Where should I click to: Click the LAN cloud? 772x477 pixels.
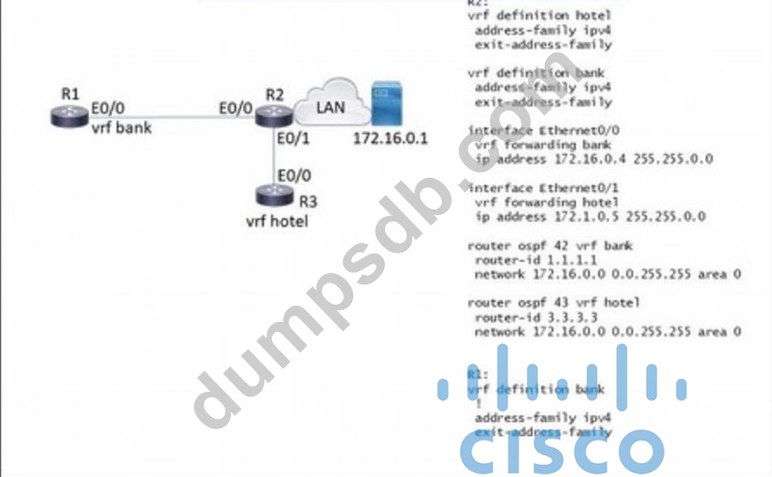pos(328,108)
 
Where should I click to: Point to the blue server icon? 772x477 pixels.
pos(381,105)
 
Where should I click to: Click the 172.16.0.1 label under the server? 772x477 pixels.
pos(390,138)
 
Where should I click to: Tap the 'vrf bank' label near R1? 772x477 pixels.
pos(121,127)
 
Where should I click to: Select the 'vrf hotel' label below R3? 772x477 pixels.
pos(276,222)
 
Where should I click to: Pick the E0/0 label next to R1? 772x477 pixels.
pos(109,109)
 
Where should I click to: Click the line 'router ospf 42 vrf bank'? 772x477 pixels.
pos(549,246)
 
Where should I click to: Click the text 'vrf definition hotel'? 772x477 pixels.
pos(539,16)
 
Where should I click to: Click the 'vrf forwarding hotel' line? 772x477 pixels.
pos(547,202)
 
